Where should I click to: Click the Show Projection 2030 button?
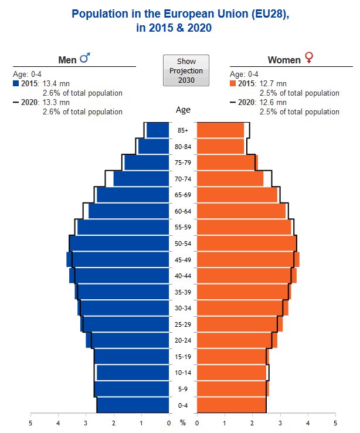click(186, 70)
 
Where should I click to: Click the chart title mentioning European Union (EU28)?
click(180, 21)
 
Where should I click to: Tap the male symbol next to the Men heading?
click(85, 59)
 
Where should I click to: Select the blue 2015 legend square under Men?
click(16, 83)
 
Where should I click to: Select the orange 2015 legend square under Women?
click(233, 83)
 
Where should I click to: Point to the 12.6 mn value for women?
click(273, 102)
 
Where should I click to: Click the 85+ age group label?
click(183, 130)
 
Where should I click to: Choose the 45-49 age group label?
click(183, 260)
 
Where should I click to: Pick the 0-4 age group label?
click(183, 405)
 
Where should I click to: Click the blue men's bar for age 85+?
click(158, 130)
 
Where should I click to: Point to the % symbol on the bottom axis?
click(183, 422)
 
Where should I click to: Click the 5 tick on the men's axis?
click(30, 422)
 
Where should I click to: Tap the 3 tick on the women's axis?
click(280, 422)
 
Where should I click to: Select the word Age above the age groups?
click(183, 110)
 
